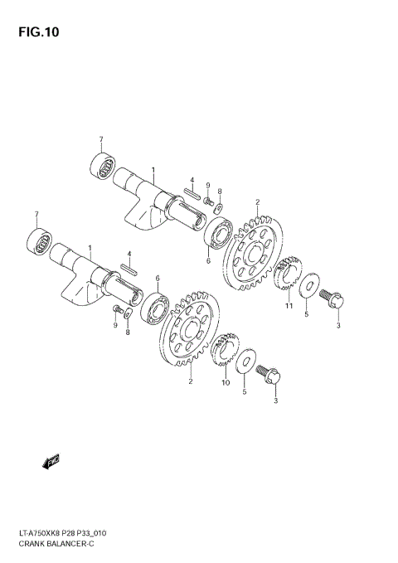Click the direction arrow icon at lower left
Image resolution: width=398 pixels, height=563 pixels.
(51, 460)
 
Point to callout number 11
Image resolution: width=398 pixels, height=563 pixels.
(289, 308)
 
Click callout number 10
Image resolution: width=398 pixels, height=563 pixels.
(226, 383)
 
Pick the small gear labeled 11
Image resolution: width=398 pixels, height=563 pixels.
(287, 276)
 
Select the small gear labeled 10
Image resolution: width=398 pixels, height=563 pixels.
(222, 351)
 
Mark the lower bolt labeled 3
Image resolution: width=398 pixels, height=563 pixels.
(270, 376)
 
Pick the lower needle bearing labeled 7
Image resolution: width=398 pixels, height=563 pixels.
(38, 243)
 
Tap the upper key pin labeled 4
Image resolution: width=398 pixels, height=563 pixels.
(192, 195)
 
